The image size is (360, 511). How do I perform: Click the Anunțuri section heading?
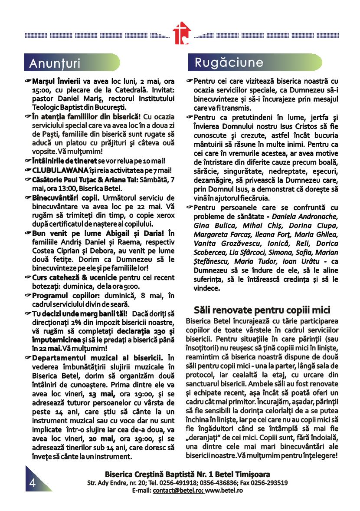pos(55,63)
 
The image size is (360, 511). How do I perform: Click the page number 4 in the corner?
pos(33,483)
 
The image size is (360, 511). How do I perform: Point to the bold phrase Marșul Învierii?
pos(56,81)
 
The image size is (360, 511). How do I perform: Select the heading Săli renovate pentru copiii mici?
pos(262,310)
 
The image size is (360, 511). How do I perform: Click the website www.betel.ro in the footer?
pos(224,490)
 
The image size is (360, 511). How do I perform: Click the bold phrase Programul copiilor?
pos(60,296)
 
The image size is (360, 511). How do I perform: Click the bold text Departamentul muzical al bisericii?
pos(97,358)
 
